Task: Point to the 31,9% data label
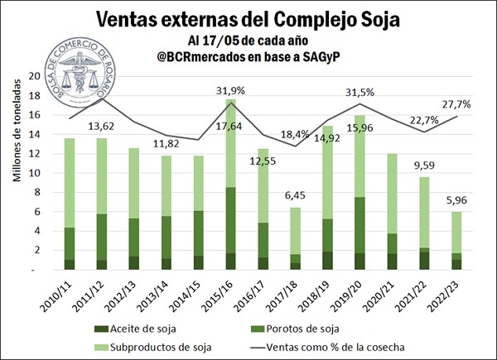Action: (x=230, y=91)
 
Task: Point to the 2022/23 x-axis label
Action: (x=437, y=295)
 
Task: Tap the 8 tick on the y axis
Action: (x=36, y=193)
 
